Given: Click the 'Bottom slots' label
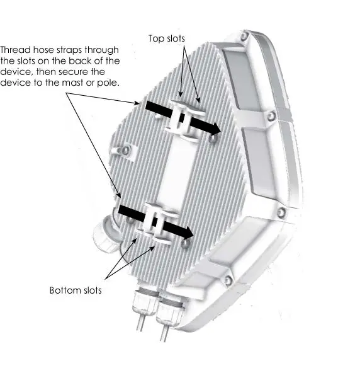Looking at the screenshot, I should tap(76, 290).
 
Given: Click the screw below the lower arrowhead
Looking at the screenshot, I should tap(183, 246).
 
